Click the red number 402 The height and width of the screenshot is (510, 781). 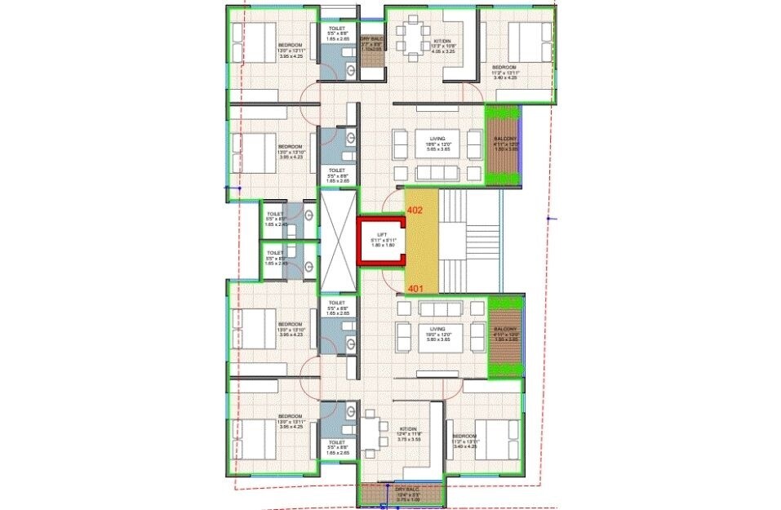coord(415,210)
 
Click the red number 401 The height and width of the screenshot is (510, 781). coord(415,288)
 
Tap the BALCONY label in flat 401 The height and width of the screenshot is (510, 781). coord(506,334)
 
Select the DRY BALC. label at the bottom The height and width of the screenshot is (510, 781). coord(400,491)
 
